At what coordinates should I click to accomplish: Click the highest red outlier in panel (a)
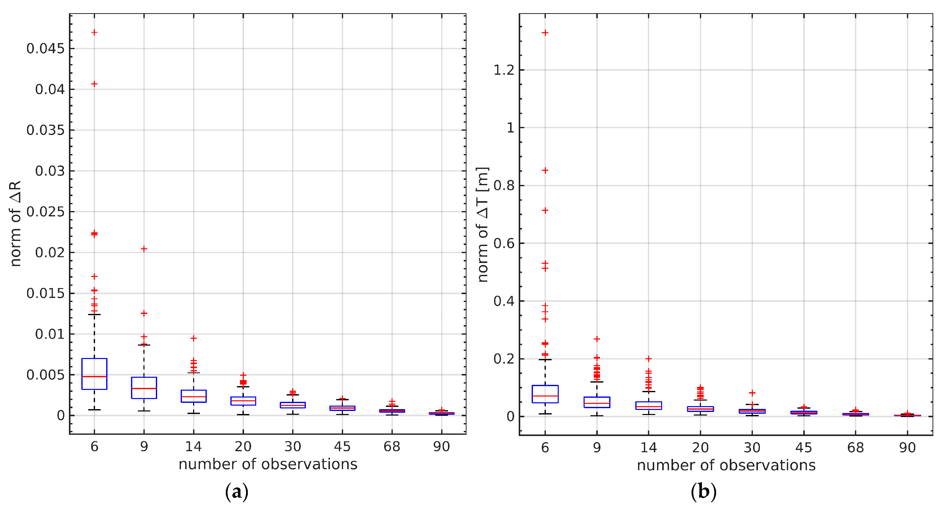[95, 32]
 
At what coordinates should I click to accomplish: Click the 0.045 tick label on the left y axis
[45, 49]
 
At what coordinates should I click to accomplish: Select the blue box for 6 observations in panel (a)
[95, 373]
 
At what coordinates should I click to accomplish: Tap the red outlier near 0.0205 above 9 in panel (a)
[144, 249]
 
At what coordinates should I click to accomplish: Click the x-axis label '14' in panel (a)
[193, 447]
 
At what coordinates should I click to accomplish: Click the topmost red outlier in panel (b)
[545, 33]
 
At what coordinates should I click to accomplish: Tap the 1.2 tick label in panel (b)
[504, 70]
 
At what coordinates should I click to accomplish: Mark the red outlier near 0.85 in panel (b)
[545, 170]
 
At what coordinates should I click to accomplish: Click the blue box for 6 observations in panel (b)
[545, 394]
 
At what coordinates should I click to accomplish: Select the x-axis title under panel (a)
[268, 464]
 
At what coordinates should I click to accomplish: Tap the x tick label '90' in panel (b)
[907, 448]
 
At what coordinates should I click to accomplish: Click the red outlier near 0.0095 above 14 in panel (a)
[193, 338]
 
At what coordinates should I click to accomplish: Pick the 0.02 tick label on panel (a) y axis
[49, 253]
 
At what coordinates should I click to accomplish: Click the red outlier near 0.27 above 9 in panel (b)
[597, 339]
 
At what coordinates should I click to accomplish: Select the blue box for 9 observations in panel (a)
[144, 388]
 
